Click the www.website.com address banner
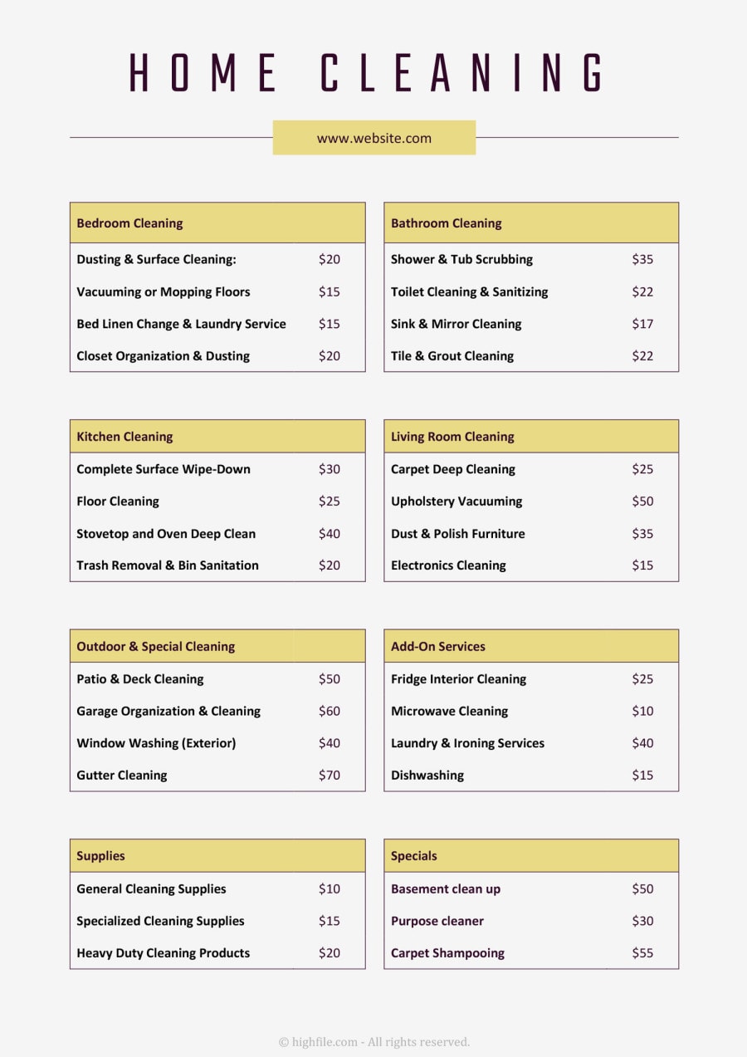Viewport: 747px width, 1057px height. click(373, 138)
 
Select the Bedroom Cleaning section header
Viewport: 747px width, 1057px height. click(129, 223)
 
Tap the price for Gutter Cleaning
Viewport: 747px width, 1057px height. click(329, 775)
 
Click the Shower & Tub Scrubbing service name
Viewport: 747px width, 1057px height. click(461, 259)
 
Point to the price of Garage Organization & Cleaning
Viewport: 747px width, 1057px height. click(329, 711)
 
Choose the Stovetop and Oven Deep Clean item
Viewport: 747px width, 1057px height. click(166, 533)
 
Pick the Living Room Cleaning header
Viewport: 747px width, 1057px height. click(452, 437)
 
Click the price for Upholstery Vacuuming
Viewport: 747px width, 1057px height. click(642, 501)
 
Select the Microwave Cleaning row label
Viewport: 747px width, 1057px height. click(449, 711)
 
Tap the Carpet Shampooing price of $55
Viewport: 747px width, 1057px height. click(642, 952)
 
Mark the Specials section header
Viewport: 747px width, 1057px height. click(413, 856)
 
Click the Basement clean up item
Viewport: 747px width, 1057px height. click(446, 888)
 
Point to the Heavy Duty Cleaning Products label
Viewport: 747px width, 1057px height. click(163, 952)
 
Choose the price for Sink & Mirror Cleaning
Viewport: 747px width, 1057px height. click(642, 324)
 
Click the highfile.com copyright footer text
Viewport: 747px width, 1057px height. click(374, 1041)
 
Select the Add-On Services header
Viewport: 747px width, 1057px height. click(438, 646)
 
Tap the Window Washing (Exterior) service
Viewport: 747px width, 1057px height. click(156, 743)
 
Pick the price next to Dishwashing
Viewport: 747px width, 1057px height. click(642, 775)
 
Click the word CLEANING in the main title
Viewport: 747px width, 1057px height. click(462, 73)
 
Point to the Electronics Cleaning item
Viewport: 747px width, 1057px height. click(448, 565)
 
